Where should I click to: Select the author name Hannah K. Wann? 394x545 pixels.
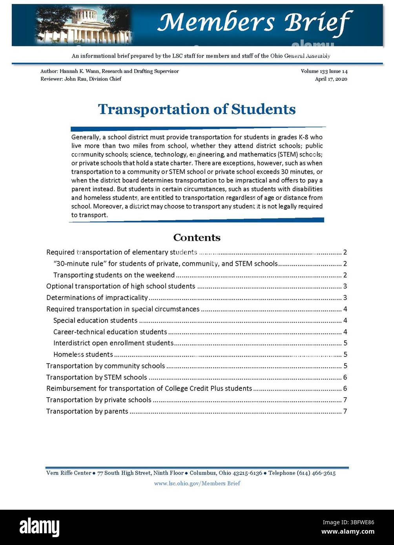click(78, 71)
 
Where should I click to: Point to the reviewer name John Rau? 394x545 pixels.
click(77, 79)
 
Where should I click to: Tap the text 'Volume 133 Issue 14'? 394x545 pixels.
click(324, 71)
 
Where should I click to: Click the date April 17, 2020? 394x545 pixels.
click(331, 79)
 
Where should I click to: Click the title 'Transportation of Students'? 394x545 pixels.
click(197, 109)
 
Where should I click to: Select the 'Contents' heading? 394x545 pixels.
click(197, 238)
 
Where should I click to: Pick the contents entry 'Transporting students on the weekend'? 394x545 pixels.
click(114, 275)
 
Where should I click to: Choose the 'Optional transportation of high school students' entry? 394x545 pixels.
click(120, 286)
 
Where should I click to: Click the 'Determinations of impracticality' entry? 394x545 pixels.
click(97, 298)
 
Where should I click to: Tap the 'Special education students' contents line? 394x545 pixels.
click(95, 320)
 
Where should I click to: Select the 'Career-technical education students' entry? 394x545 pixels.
click(110, 332)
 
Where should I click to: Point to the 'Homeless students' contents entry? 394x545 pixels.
click(83, 354)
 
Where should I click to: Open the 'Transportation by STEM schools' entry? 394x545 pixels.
click(97, 377)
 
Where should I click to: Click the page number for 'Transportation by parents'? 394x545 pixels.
click(345, 411)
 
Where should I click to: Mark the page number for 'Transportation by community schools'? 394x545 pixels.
click(345, 366)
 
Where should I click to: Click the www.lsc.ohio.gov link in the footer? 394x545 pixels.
click(197, 483)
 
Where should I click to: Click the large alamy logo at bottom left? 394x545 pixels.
click(40, 527)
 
